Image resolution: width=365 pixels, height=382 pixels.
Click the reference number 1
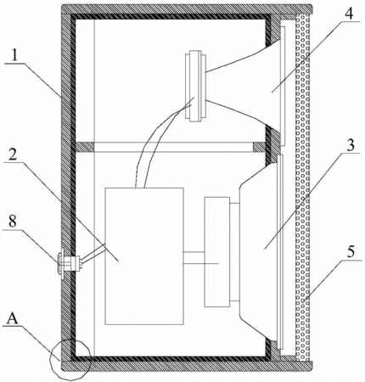click(14, 56)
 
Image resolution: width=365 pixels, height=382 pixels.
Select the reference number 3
click(351, 145)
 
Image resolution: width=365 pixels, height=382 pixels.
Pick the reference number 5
click(351, 251)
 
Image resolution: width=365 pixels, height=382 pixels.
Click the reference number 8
click(13, 222)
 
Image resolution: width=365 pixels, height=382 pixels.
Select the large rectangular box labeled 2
click(144, 256)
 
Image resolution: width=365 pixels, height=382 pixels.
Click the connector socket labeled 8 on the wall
click(70, 263)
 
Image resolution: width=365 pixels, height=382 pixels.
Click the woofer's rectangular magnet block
click(217, 252)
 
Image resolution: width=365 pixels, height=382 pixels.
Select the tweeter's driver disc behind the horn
click(195, 87)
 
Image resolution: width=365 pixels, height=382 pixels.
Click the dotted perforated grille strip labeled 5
click(302, 188)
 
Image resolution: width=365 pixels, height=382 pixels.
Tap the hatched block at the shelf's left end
click(84, 147)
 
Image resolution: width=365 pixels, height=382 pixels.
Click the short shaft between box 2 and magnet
click(194, 258)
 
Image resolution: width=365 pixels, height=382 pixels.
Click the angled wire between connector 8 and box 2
click(93, 252)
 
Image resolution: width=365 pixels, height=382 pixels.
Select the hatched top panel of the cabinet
click(187, 9)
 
